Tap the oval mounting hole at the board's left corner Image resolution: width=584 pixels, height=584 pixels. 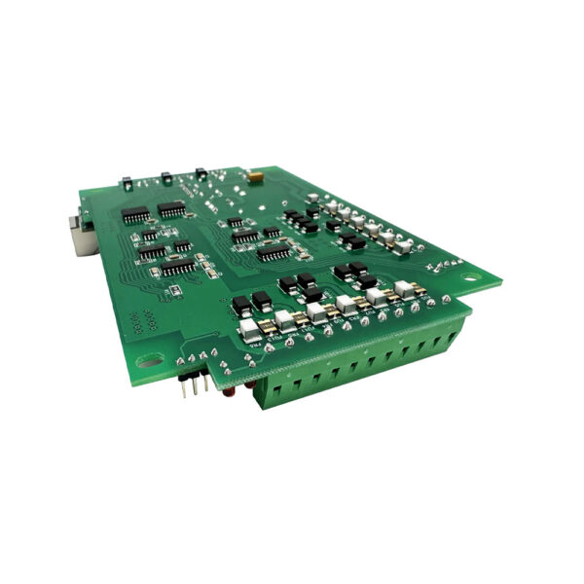(x=151, y=361)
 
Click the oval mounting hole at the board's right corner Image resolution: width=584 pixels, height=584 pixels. (x=470, y=276)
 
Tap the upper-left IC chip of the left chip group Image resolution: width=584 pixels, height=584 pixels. (x=135, y=215)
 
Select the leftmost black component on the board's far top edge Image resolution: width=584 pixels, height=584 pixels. (x=127, y=181)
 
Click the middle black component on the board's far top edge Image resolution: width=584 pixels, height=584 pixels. (x=164, y=177)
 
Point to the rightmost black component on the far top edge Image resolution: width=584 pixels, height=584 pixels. (x=201, y=173)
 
